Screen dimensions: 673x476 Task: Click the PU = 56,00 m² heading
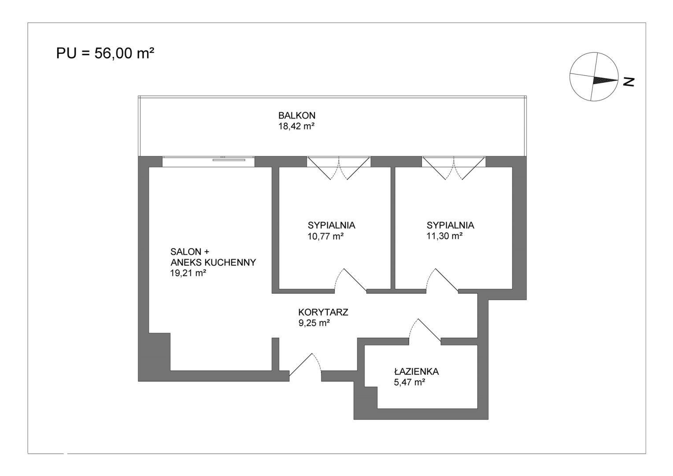coord(105,53)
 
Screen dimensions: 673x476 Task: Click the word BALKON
coord(297,115)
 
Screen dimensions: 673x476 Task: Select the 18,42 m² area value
coord(296,126)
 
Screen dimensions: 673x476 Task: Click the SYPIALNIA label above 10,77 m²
coord(331,225)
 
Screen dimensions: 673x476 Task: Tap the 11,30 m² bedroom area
coord(444,236)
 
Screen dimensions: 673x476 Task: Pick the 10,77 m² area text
coord(325,236)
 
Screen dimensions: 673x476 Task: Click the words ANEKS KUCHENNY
coord(213,262)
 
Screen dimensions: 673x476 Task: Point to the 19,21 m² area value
coord(188,273)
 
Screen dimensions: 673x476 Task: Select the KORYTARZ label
coord(323,312)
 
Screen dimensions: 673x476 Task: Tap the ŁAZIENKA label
coord(416,372)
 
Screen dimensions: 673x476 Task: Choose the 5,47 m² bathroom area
coord(410,382)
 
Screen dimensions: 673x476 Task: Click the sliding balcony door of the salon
coord(208,161)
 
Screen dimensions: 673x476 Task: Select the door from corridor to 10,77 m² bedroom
coord(351,280)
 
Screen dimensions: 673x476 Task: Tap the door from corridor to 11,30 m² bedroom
coord(442,280)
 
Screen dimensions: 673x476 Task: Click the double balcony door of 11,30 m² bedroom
coord(454,168)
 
